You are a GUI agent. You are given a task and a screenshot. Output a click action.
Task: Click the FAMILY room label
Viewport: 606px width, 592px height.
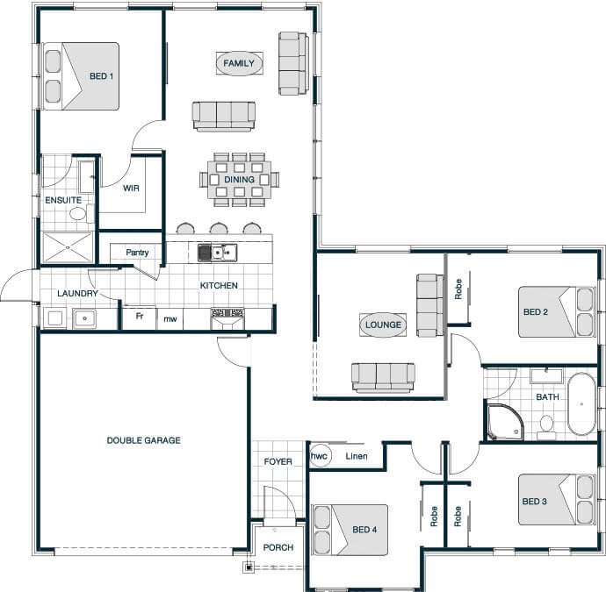(239, 63)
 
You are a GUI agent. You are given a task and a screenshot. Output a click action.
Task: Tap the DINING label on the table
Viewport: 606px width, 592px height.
(239, 180)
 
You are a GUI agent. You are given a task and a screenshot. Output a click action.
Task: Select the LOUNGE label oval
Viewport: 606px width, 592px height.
(383, 325)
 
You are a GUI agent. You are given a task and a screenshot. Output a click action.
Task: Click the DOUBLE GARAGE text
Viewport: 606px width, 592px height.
(143, 440)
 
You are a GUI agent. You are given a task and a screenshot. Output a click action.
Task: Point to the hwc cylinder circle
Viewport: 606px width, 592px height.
(319, 456)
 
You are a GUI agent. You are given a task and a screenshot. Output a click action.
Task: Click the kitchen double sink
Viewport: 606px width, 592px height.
(218, 253)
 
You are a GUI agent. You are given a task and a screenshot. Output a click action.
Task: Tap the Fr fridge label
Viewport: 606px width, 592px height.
(140, 316)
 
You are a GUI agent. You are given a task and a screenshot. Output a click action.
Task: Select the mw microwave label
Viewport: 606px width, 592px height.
(170, 318)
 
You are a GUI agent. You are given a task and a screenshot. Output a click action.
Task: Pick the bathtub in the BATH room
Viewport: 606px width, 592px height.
(581, 404)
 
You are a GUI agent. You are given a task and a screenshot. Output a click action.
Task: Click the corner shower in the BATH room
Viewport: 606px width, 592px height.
(506, 422)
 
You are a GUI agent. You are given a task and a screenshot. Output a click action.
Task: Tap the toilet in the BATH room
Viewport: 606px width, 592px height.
(546, 426)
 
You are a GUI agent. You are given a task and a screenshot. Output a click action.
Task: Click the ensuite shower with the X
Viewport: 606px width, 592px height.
(68, 247)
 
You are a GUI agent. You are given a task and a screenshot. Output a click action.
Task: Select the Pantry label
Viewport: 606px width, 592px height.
(137, 253)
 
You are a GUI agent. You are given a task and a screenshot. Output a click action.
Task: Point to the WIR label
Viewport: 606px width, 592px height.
(131, 189)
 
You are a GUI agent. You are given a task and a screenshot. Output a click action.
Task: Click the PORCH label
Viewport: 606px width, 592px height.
(278, 547)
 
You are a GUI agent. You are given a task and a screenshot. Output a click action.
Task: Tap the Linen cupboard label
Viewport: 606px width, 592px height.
(357, 456)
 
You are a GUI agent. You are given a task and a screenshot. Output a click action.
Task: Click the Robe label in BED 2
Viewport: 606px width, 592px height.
(458, 289)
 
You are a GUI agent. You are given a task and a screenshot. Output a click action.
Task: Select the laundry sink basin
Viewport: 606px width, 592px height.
(84, 318)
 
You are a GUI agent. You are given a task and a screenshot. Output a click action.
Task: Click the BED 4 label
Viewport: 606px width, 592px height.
(364, 530)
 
